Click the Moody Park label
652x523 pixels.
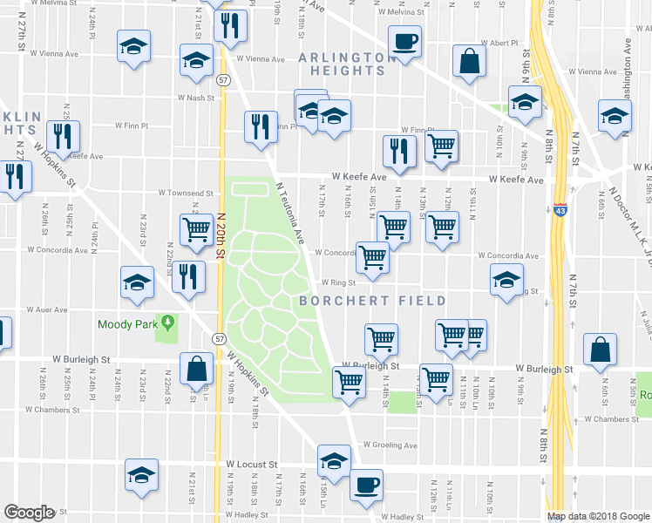[x=127, y=324]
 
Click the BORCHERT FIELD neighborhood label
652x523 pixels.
[x=373, y=301]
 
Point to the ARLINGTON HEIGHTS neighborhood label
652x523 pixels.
[x=342, y=65]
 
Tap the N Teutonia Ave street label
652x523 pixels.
[x=291, y=212]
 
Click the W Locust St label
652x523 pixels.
[x=251, y=465]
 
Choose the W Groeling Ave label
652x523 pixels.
[x=391, y=445]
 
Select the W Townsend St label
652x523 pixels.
[x=186, y=193]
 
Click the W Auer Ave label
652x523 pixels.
[x=48, y=309]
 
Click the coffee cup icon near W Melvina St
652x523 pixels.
[x=404, y=41]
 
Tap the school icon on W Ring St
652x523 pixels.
[x=506, y=281]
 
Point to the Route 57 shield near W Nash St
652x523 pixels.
[x=224, y=79]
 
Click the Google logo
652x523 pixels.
[x=29, y=513]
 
